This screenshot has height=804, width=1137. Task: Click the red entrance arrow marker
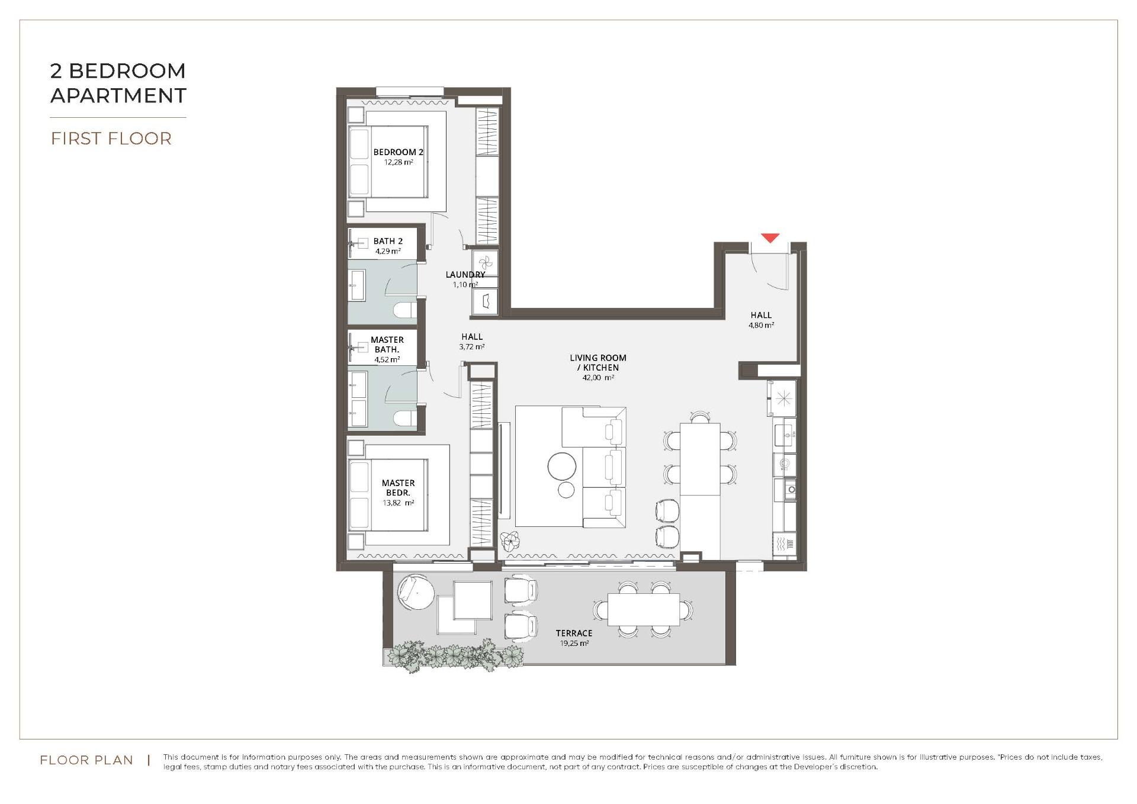pyautogui.click(x=769, y=238)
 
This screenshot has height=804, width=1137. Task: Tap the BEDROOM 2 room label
pyautogui.click(x=398, y=152)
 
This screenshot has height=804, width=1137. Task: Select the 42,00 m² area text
pyautogui.click(x=598, y=377)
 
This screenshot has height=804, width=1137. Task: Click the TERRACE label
pyautogui.click(x=574, y=633)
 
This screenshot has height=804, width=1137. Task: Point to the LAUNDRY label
pyautogui.click(x=465, y=275)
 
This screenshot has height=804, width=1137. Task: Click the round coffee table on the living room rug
pyautogui.click(x=561, y=467)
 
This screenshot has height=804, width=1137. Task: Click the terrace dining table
pyautogui.click(x=643, y=609)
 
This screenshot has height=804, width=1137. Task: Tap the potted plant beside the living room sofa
pyautogui.click(x=509, y=541)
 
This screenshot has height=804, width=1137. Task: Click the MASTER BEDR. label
pyautogui.click(x=398, y=488)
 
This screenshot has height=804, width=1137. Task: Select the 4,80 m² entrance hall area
pyautogui.click(x=761, y=325)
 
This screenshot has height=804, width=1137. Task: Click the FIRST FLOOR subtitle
pyautogui.click(x=111, y=139)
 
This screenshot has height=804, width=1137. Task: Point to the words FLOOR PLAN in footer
pyautogui.click(x=86, y=760)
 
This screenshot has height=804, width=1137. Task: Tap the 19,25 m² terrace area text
pyautogui.click(x=574, y=643)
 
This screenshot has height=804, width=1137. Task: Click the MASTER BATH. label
pyautogui.click(x=387, y=345)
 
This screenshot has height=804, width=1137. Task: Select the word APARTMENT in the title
pyautogui.click(x=118, y=95)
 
